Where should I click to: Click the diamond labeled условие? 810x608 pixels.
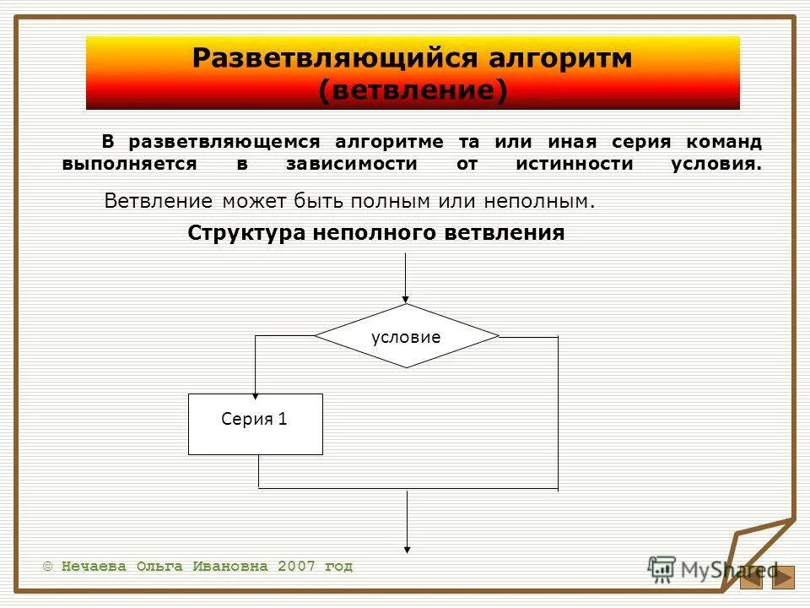tap(407, 336)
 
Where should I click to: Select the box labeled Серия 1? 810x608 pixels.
tap(255, 424)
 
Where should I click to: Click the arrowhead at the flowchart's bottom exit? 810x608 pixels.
tap(408, 548)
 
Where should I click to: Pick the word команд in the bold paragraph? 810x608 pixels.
tap(723, 142)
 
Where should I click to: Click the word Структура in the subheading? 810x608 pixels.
tap(247, 233)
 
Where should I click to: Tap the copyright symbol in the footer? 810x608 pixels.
tap(47, 567)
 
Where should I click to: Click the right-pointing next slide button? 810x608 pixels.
tap(784, 577)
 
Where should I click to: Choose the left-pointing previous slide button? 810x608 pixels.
tap(750, 577)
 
